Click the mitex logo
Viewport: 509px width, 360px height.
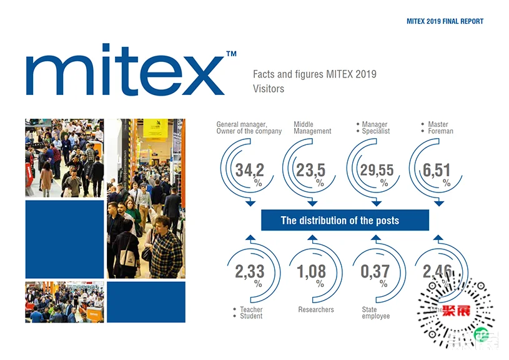coord(125,70)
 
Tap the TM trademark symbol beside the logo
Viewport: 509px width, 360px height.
coord(231,55)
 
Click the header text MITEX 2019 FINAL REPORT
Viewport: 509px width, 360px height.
coord(445,21)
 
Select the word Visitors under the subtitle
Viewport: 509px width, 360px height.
coord(269,89)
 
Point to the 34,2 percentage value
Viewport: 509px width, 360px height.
coord(250,170)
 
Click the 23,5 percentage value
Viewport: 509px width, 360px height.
coord(311,170)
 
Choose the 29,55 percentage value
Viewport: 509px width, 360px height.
coord(377,170)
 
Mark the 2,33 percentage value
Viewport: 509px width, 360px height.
coord(250,272)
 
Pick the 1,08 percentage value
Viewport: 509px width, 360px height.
coord(311,272)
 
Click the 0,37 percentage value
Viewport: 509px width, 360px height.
coord(375,272)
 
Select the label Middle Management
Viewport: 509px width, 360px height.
coord(312,128)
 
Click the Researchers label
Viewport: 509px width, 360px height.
coord(316,309)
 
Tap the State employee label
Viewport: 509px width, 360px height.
coord(375,312)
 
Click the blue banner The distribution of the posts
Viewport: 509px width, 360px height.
coord(345,220)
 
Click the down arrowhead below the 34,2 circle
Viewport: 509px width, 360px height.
coord(250,202)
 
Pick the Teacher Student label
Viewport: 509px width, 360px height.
coord(250,312)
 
